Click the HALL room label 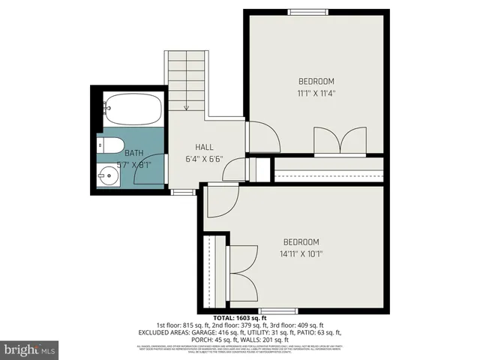(205, 147)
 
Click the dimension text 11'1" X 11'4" (316, 94)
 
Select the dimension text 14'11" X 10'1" (300, 254)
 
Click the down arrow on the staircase (186, 106)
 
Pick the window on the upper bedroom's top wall (302, 10)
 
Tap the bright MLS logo (30, 349)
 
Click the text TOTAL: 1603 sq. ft (240, 319)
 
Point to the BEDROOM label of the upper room (316, 82)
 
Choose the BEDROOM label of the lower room (301, 241)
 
